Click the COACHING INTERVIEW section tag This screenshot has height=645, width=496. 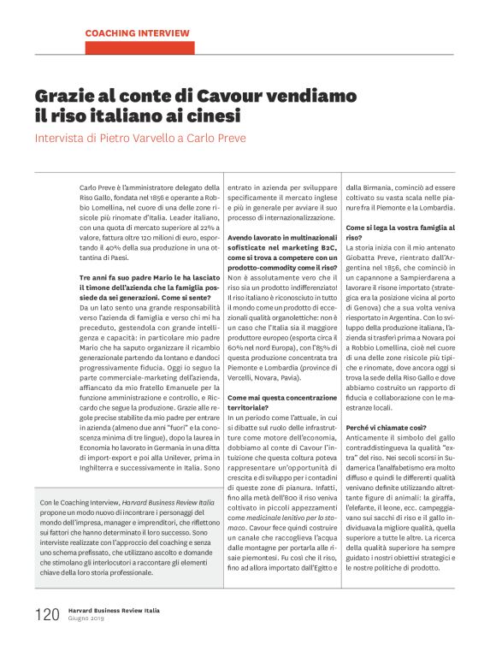tap(137, 33)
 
